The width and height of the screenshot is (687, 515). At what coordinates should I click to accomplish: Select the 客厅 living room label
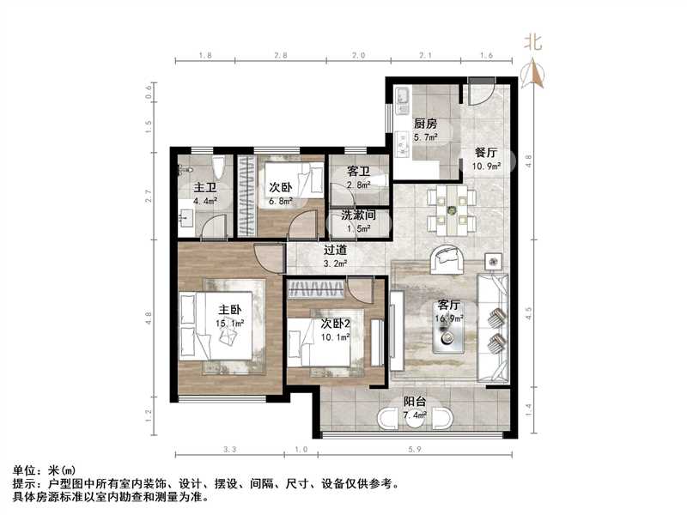pyautogui.click(x=450, y=305)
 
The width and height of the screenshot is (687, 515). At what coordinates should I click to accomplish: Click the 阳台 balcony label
pyautogui.click(x=418, y=402)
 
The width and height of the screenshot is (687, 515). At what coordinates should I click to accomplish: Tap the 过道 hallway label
pyautogui.click(x=335, y=251)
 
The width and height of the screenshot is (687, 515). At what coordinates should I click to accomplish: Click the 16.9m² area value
pyautogui.click(x=450, y=318)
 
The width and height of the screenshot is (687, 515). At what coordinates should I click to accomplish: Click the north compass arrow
pyautogui.click(x=533, y=75)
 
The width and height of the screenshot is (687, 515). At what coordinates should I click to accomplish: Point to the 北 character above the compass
pyautogui.click(x=533, y=40)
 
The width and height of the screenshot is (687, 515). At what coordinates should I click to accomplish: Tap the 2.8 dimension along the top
pyautogui.click(x=280, y=56)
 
